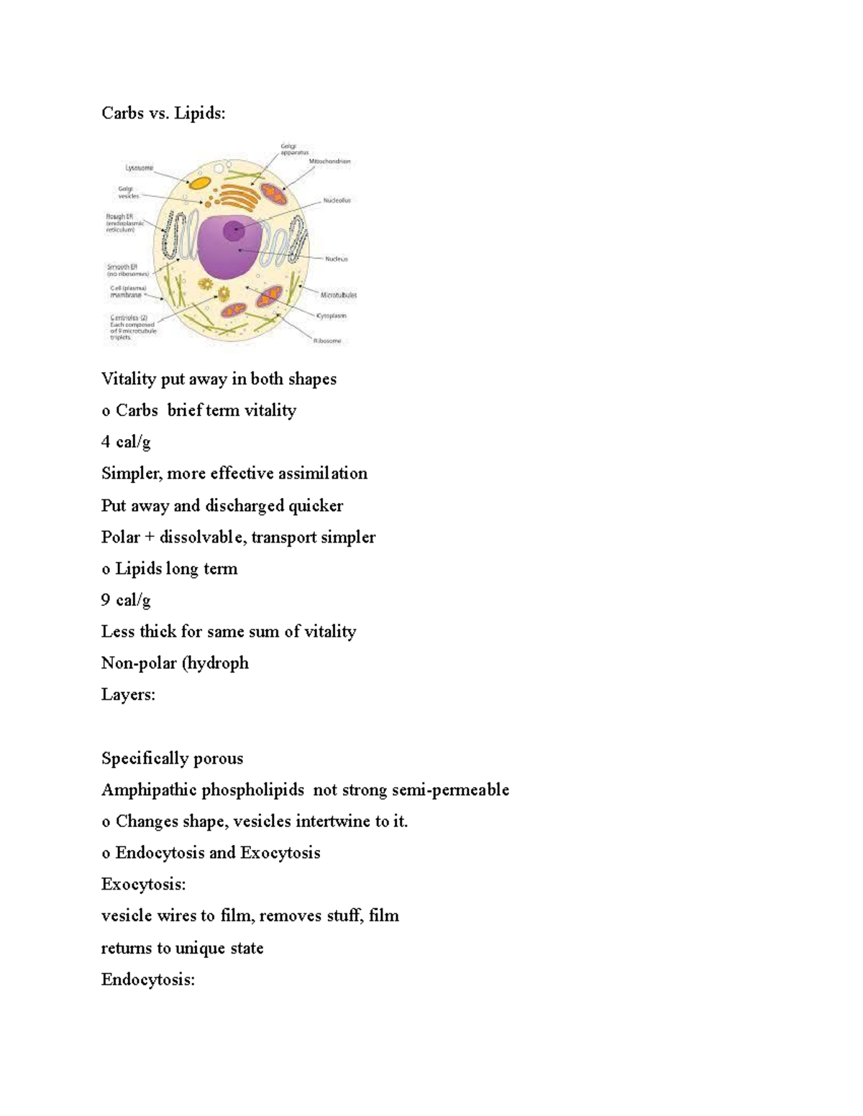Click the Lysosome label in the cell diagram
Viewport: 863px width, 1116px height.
pos(140,168)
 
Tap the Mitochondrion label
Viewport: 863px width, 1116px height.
pos(330,162)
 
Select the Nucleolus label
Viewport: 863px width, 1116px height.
pos(337,200)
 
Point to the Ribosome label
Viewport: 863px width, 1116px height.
pos(327,341)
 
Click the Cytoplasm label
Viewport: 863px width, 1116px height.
pos(332,315)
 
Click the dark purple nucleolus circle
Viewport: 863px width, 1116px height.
pos(233,231)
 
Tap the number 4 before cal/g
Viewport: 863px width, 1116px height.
pos(106,442)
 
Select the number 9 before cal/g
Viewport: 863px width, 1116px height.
pos(106,600)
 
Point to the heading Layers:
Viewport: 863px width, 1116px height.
pos(128,694)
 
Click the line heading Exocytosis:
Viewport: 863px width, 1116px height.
pos(143,884)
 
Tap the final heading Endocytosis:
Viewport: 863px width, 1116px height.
pos(147,979)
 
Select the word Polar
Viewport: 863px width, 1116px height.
pos(120,537)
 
